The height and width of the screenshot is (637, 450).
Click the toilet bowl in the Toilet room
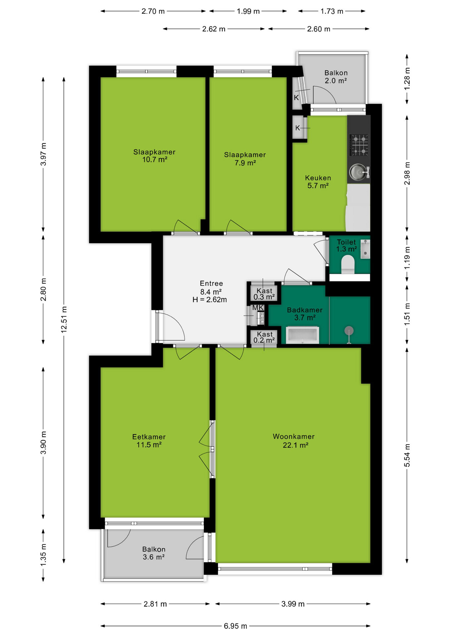(x=348, y=264)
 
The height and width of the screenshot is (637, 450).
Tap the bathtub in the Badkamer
(x=303, y=335)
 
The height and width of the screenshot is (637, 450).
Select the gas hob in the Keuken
(x=359, y=145)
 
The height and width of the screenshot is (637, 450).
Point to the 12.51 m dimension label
(x=64, y=319)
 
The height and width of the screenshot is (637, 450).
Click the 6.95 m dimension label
(x=235, y=626)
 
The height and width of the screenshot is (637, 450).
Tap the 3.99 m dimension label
(x=293, y=604)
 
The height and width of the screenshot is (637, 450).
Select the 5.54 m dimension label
(x=407, y=455)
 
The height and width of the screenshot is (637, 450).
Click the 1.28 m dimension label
(x=407, y=78)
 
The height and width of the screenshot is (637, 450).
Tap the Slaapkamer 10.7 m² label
(x=154, y=156)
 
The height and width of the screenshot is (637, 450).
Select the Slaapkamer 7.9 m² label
(x=245, y=159)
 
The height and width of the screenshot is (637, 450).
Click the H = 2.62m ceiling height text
(x=210, y=300)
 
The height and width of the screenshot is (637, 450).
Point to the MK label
(x=258, y=308)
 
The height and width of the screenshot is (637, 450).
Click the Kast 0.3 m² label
(x=264, y=294)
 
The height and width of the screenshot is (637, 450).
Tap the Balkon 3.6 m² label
(x=154, y=553)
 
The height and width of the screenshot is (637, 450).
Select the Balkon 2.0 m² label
(x=336, y=77)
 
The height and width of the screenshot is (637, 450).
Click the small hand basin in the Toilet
(x=365, y=249)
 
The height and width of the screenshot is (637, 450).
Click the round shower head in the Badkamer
(x=349, y=330)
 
